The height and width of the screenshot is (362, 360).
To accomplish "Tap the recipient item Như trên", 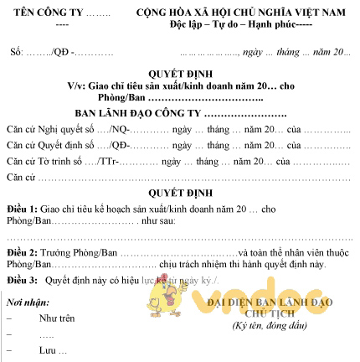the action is (x=56, y=318).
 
